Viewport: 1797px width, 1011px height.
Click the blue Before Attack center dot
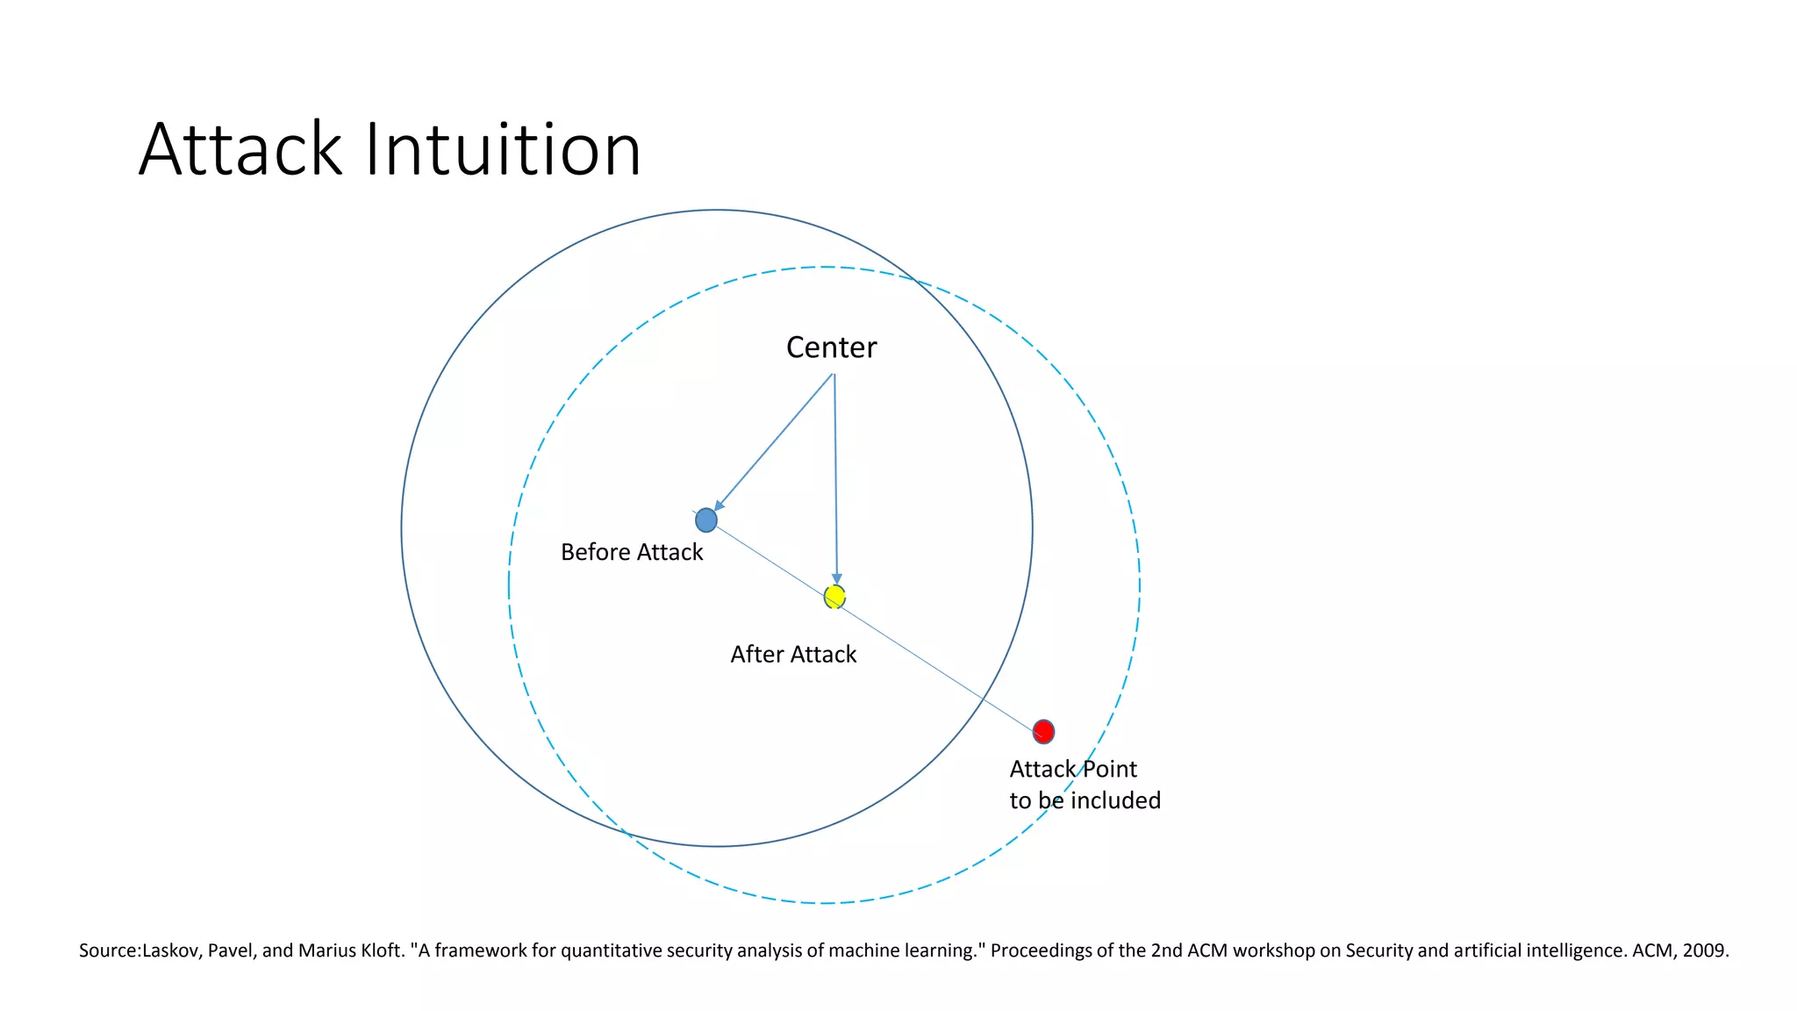706,520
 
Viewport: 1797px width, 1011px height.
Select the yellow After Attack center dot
834,597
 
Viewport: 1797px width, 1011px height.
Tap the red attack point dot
1043,731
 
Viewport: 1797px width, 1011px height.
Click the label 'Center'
831,348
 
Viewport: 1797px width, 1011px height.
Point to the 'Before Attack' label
632,552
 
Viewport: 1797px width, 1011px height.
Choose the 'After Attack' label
793,655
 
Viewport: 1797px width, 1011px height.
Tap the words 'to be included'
1085,800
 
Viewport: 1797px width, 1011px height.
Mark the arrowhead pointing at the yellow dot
836,579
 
